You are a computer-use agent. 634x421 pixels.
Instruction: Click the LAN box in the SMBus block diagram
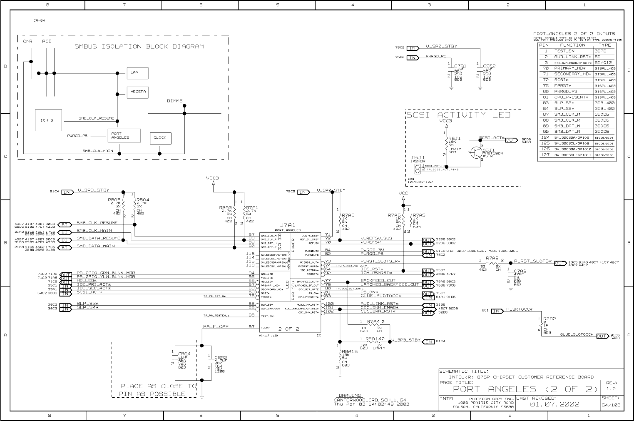tap(137, 72)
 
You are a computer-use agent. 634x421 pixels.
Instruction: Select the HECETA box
tap(138, 92)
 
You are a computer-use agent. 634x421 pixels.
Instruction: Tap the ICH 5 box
tap(48, 120)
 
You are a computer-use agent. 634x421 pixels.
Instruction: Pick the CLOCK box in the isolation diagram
tap(160, 138)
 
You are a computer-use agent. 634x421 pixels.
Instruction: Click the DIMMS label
tap(175, 101)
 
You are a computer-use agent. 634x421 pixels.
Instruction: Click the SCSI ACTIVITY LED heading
tap(458, 115)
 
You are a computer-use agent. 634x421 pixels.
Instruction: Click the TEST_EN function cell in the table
tap(564, 51)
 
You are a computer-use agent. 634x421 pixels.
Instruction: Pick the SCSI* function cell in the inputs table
tap(562, 80)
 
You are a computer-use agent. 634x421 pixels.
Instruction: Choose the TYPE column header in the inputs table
tap(604, 45)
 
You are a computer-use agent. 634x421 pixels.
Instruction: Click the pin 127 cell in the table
tap(545, 155)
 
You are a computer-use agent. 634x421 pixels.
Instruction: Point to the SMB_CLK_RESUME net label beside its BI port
tap(97, 223)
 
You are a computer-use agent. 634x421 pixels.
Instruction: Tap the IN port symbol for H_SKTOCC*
tap(497, 311)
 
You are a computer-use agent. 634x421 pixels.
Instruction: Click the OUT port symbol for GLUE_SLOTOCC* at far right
tap(602, 336)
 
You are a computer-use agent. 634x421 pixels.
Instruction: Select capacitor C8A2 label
tap(220, 357)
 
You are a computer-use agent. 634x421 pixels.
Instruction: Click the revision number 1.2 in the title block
tap(611, 389)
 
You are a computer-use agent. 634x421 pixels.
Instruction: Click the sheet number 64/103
tap(612, 404)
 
